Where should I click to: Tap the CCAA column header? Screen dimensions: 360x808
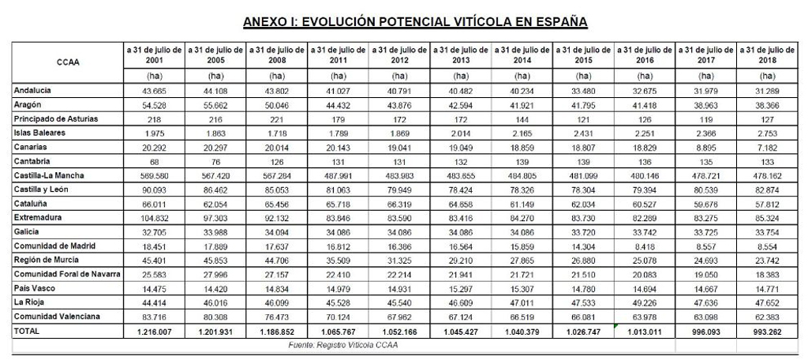tap(68, 62)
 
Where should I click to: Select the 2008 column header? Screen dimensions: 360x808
tap(277, 55)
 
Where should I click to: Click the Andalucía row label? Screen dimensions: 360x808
tap(34, 91)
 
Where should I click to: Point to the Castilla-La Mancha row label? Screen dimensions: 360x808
tap(50, 174)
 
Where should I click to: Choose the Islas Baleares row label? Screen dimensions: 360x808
tap(39, 133)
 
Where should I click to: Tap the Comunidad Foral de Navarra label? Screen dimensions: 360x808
tap(67, 273)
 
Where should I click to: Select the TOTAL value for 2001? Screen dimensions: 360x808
tap(155, 332)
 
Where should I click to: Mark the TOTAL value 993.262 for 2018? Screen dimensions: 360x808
tap(766, 332)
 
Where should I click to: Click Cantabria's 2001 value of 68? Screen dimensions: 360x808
tap(155, 161)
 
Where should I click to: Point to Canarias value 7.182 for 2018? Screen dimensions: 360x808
tap(766, 147)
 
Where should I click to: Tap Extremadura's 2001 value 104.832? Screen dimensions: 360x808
tap(155, 217)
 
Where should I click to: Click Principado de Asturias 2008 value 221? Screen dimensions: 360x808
tap(277, 118)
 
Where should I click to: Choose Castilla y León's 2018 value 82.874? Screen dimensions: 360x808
tap(766, 189)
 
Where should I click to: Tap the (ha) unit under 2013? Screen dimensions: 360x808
tap(461, 77)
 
